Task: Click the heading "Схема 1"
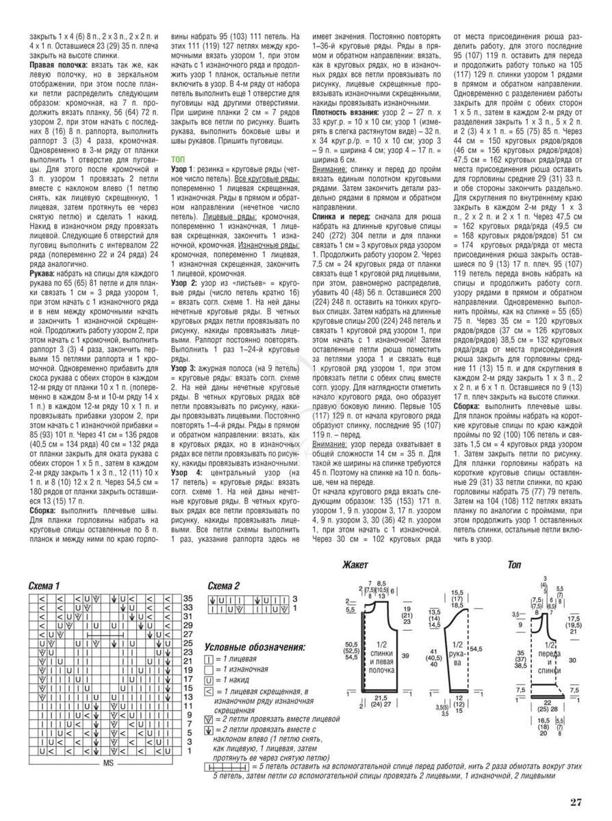44,586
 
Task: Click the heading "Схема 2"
223,586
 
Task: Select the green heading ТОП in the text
178,158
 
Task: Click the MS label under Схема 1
107,763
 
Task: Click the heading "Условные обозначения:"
255,647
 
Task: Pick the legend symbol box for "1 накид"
208,681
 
